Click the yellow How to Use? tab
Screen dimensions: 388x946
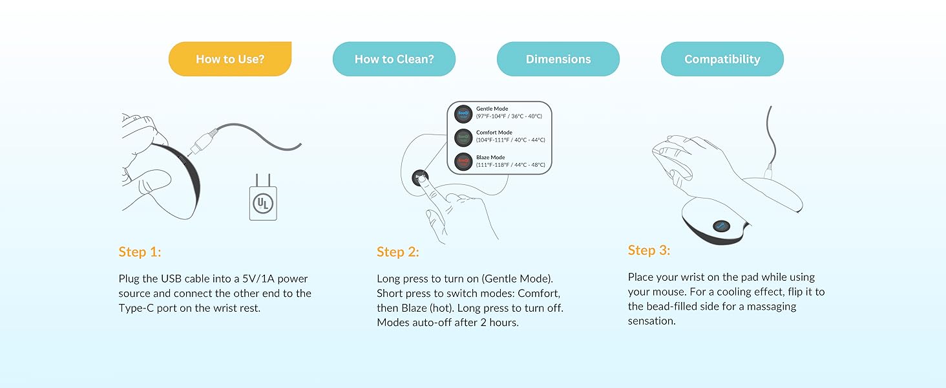point(229,59)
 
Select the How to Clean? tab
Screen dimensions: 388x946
point(394,59)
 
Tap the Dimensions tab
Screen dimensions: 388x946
point(558,59)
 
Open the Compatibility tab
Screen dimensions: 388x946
point(722,59)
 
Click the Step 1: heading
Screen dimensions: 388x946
point(140,252)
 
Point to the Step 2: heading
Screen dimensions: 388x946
point(398,252)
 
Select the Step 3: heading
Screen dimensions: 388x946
point(649,250)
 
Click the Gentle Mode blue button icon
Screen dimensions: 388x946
point(463,113)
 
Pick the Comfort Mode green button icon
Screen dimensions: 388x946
point(463,137)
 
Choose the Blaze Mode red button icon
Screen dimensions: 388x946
point(463,162)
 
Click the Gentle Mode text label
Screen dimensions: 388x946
point(492,109)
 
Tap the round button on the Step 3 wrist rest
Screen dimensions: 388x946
point(722,226)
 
